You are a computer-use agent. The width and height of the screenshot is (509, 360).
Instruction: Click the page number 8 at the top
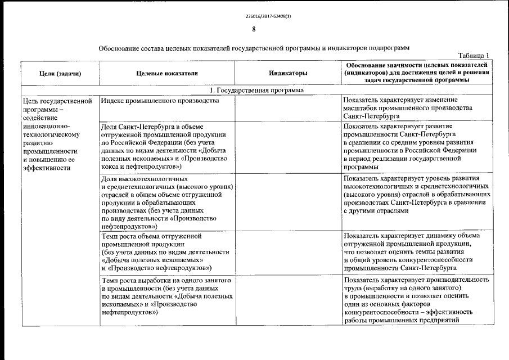click(254, 29)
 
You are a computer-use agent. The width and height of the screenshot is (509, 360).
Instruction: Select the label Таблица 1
click(474, 55)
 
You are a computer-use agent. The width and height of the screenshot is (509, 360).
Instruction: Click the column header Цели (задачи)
click(60, 73)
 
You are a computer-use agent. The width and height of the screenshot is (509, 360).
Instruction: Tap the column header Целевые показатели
click(167, 73)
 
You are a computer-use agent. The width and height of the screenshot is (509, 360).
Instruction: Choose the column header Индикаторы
click(288, 73)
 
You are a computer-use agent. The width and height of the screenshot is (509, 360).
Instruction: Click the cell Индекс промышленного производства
click(159, 101)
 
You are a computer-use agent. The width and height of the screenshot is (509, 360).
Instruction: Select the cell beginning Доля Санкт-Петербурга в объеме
click(165, 146)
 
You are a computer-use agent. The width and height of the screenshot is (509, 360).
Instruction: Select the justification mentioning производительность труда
click(416, 300)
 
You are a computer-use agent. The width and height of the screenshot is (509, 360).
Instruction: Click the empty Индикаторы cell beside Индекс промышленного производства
click(288, 107)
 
